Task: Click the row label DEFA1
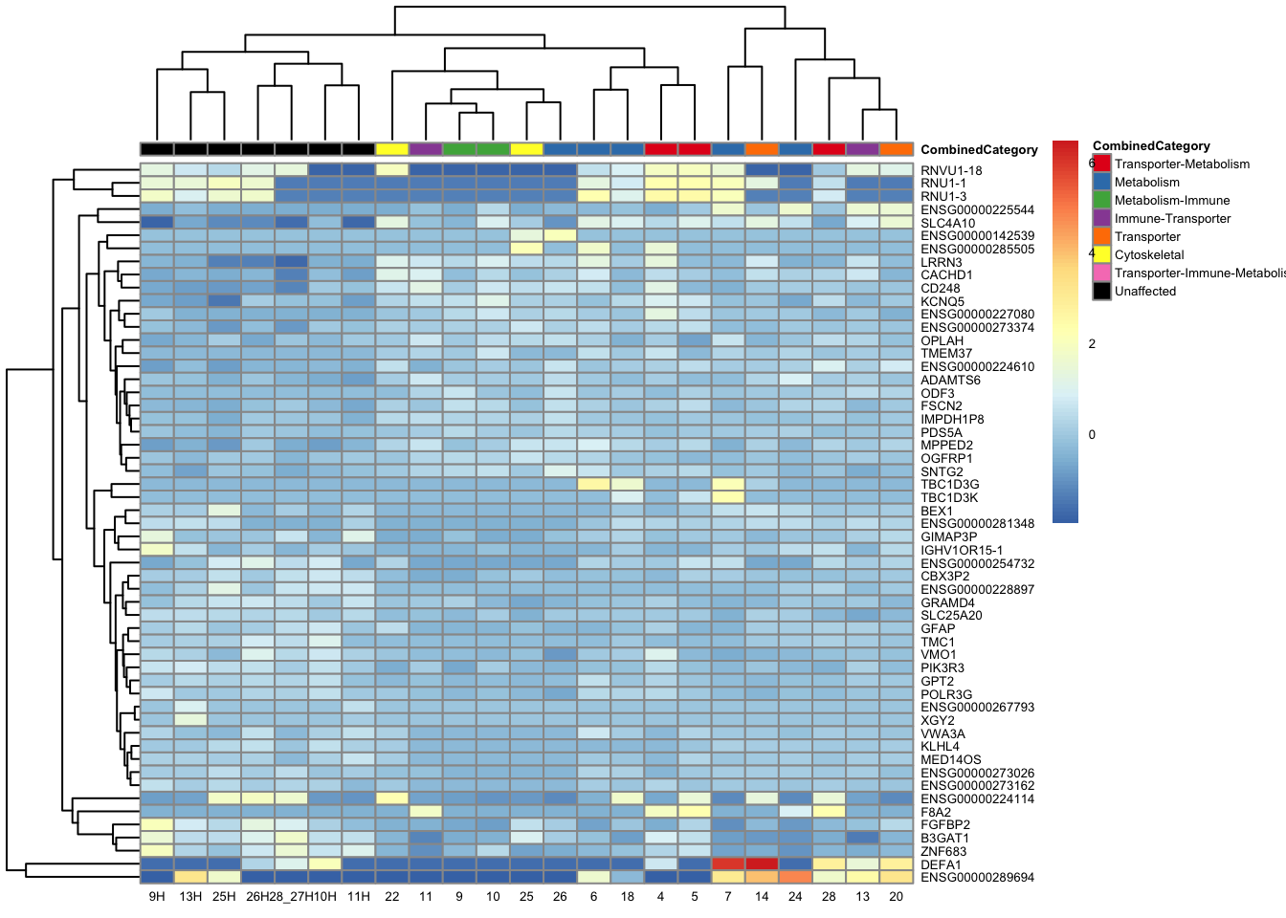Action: tap(941, 864)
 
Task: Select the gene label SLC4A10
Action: tap(947, 223)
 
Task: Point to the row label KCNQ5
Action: tap(942, 301)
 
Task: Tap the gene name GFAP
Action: tap(938, 628)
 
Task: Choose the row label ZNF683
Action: tap(943, 851)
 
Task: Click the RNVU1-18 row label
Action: tap(951, 170)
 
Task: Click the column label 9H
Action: tap(157, 896)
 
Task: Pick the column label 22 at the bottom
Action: tap(392, 896)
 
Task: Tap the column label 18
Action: tap(628, 896)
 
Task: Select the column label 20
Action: tap(897, 896)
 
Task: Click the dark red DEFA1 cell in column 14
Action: tap(762, 863)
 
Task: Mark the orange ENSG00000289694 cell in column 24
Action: tap(795, 877)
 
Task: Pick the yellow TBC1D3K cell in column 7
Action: tap(728, 497)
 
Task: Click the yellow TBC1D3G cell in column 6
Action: tap(593, 484)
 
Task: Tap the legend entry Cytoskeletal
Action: tap(1149, 254)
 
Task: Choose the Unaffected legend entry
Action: tap(1144, 291)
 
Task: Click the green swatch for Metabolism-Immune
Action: tap(1102, 200)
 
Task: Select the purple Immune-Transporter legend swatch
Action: tap(1102, 218)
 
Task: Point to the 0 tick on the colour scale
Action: tap(1092, 434)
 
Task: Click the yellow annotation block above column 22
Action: tap(392, 149)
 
